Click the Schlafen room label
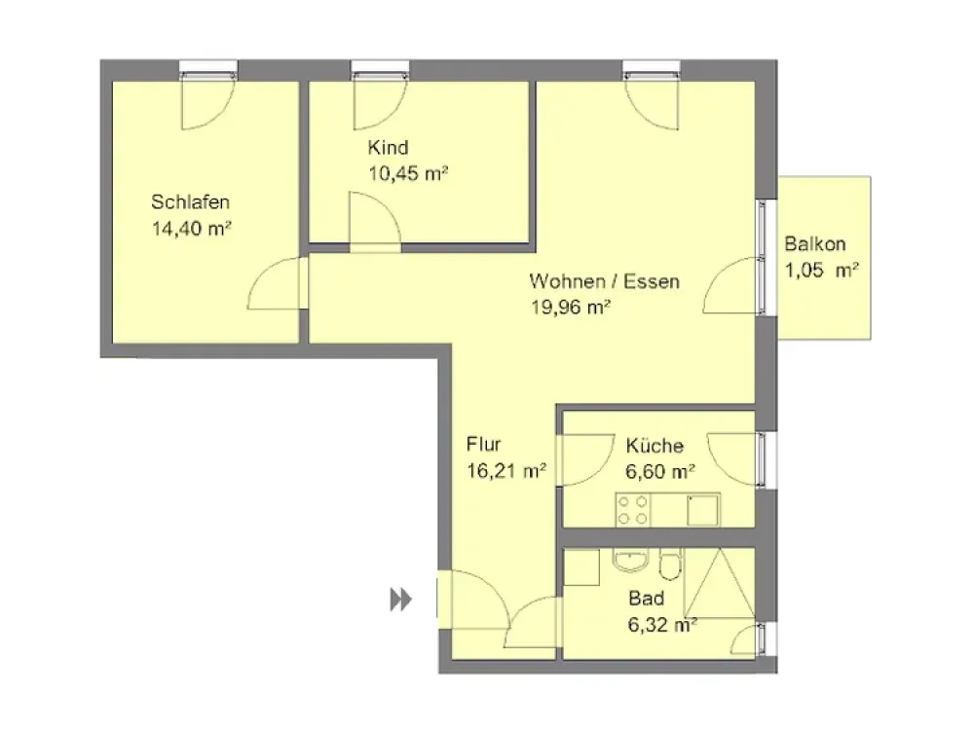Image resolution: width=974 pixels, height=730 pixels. (x=190, y=201)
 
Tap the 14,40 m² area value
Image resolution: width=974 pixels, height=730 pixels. (x=191, y=229)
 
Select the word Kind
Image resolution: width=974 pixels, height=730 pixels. (x=388, y=148)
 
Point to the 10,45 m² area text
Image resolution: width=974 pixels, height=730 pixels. (x=408, y=173)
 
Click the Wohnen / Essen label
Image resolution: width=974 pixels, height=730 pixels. (x=605, y=281)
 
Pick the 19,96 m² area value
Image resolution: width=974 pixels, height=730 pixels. (x=570, y=307)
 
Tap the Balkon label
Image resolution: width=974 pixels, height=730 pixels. (x=815, y=243)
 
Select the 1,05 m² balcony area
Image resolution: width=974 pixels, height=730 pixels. (x=822, y=270)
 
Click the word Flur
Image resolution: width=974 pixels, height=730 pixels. (x=483, y=444)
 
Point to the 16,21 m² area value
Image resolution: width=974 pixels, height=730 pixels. (x=506, y=470)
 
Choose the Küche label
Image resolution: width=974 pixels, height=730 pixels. (x=655, y=445)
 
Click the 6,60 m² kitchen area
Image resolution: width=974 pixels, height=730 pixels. (x=659, y=472)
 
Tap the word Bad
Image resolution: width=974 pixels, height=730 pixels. (x=646, y=599)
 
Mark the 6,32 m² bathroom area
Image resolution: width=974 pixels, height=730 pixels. (x=662, y=625)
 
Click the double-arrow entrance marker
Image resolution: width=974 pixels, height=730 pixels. (x=400, y=600)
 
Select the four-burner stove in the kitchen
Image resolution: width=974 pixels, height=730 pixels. (x=632, y=510)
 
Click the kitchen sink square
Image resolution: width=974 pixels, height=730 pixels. (x=703, y=510)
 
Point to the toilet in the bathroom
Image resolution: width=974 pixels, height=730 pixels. (x=670, y=563)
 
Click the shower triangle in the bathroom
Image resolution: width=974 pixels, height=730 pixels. (x=720, y=582)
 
